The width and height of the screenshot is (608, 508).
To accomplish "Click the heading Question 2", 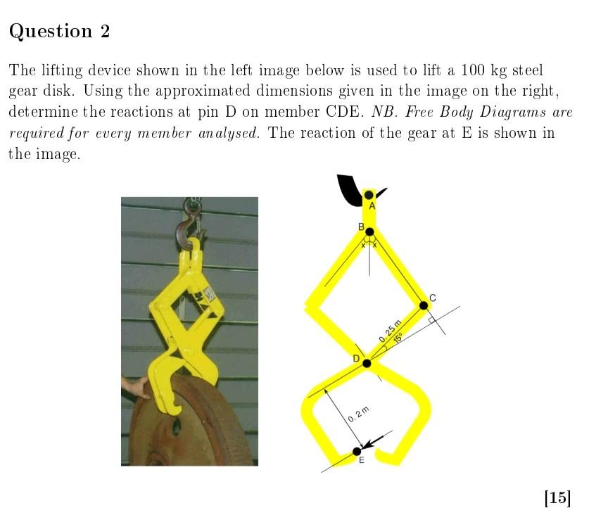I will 60,32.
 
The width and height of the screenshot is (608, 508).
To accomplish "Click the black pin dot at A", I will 369,194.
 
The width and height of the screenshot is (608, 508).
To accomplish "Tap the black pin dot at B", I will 369,231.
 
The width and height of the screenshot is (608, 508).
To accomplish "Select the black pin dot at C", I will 424,305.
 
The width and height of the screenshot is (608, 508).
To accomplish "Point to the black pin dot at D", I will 367,363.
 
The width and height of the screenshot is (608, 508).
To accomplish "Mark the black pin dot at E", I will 357,451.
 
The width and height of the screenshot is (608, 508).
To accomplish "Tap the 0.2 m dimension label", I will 358,414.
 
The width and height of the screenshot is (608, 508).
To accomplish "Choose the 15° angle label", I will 398,339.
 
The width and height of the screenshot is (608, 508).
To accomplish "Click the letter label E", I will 362,462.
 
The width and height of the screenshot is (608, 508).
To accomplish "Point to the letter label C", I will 432,298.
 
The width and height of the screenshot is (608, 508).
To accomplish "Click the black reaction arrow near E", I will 373,441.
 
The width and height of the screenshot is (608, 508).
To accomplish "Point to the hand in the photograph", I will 134,386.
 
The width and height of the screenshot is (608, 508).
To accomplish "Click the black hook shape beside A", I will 348,189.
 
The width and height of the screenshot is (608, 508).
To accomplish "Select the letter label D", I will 356,360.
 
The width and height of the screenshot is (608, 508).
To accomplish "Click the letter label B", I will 361,227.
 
